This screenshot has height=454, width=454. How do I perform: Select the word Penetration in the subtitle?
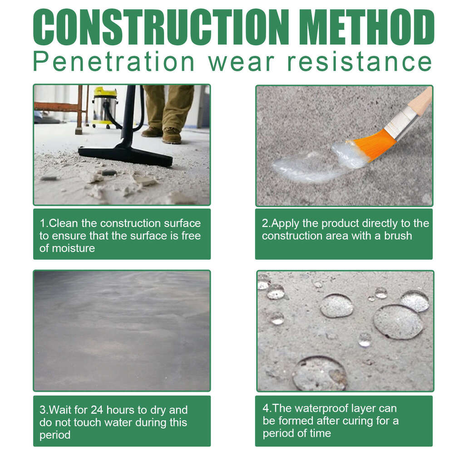pos(114,62)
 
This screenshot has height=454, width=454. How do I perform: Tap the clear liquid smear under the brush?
pos(313,164)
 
